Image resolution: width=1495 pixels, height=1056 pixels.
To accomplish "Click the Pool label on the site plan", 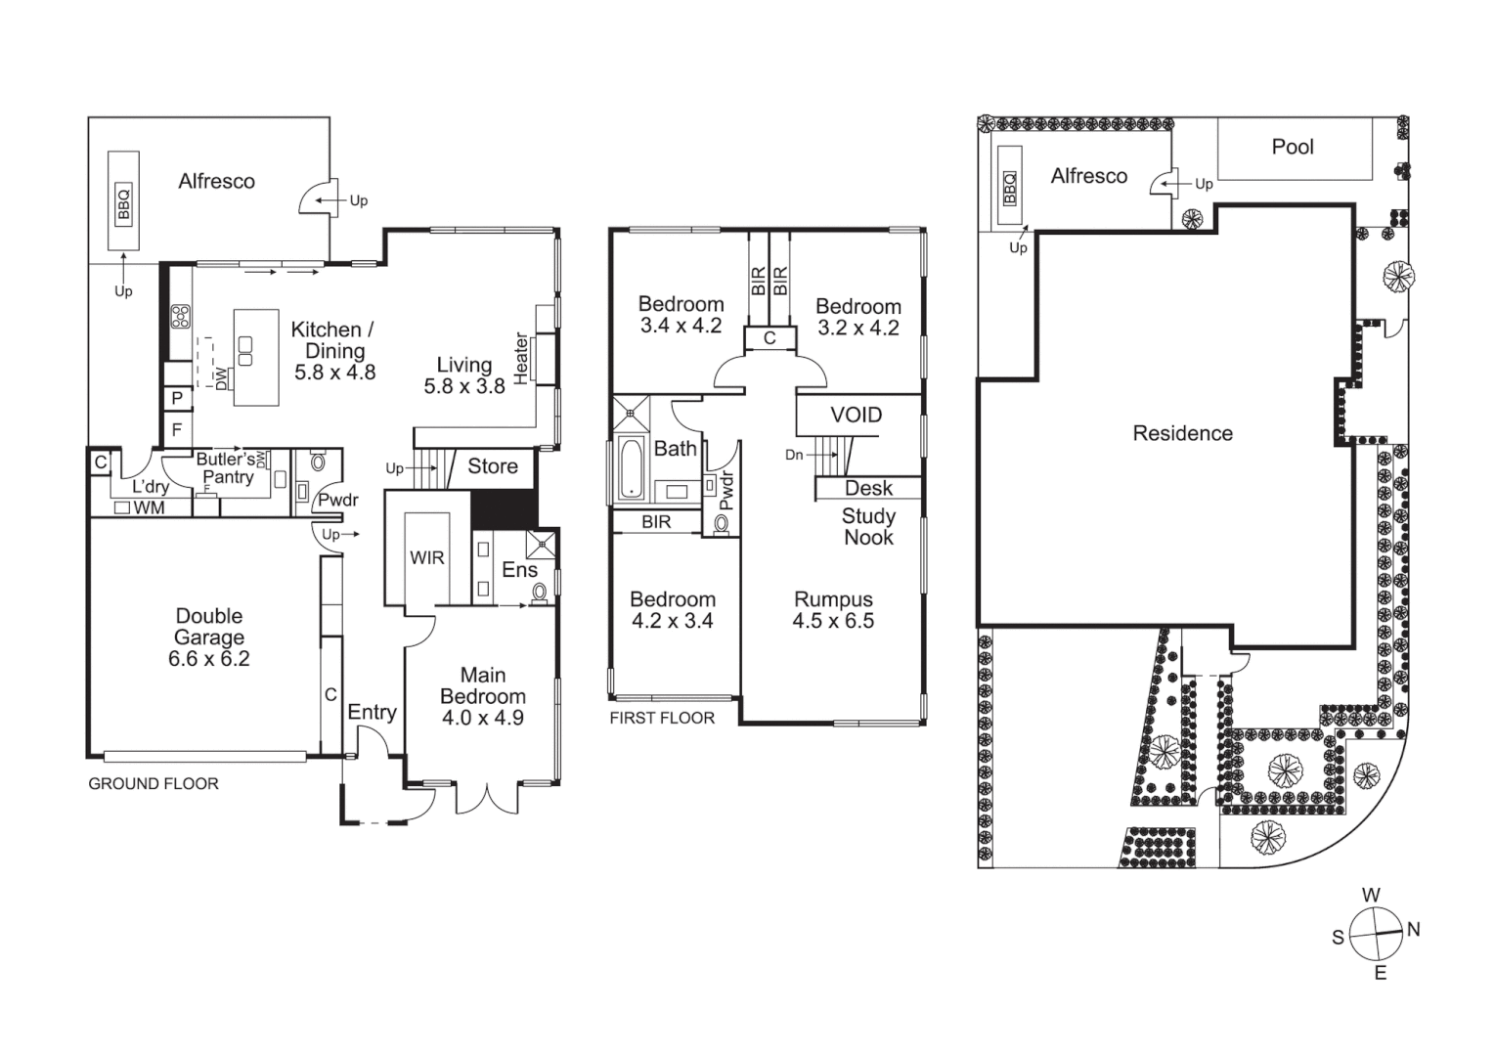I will (1292, 147).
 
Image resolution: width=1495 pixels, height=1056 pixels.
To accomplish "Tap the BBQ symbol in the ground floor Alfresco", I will (123, 203).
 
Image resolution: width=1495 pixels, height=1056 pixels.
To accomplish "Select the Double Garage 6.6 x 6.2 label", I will (208, 638).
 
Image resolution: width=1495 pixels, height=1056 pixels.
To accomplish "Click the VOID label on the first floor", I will (856, 415).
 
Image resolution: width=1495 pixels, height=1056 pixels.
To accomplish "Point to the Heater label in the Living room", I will (521, 358).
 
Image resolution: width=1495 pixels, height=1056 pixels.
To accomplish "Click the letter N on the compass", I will (1413, 930).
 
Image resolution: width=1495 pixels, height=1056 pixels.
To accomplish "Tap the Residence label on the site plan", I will (1182, 433).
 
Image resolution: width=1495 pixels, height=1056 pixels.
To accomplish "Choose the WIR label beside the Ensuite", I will (426, 557).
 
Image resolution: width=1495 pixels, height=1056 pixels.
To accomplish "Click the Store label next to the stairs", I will (492, 466).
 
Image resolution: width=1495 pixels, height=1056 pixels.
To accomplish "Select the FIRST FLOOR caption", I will (662, 718).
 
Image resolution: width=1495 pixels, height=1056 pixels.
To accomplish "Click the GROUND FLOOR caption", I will (154, 783).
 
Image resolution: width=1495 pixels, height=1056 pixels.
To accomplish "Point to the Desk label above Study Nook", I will (868, 488).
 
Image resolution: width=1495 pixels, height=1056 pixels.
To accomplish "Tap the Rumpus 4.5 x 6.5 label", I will (833, 610).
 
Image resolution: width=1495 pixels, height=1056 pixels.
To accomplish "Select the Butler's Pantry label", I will (227, 467).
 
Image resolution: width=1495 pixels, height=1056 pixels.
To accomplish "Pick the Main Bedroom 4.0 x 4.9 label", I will (483, 696).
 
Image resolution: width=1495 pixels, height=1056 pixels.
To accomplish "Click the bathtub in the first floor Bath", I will (631, 467).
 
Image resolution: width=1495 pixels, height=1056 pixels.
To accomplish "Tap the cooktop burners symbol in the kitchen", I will (181, 316).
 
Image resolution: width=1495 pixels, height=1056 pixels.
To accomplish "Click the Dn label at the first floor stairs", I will (794, 455).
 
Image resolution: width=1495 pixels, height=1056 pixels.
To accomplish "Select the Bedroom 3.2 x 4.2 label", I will (857, 317).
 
